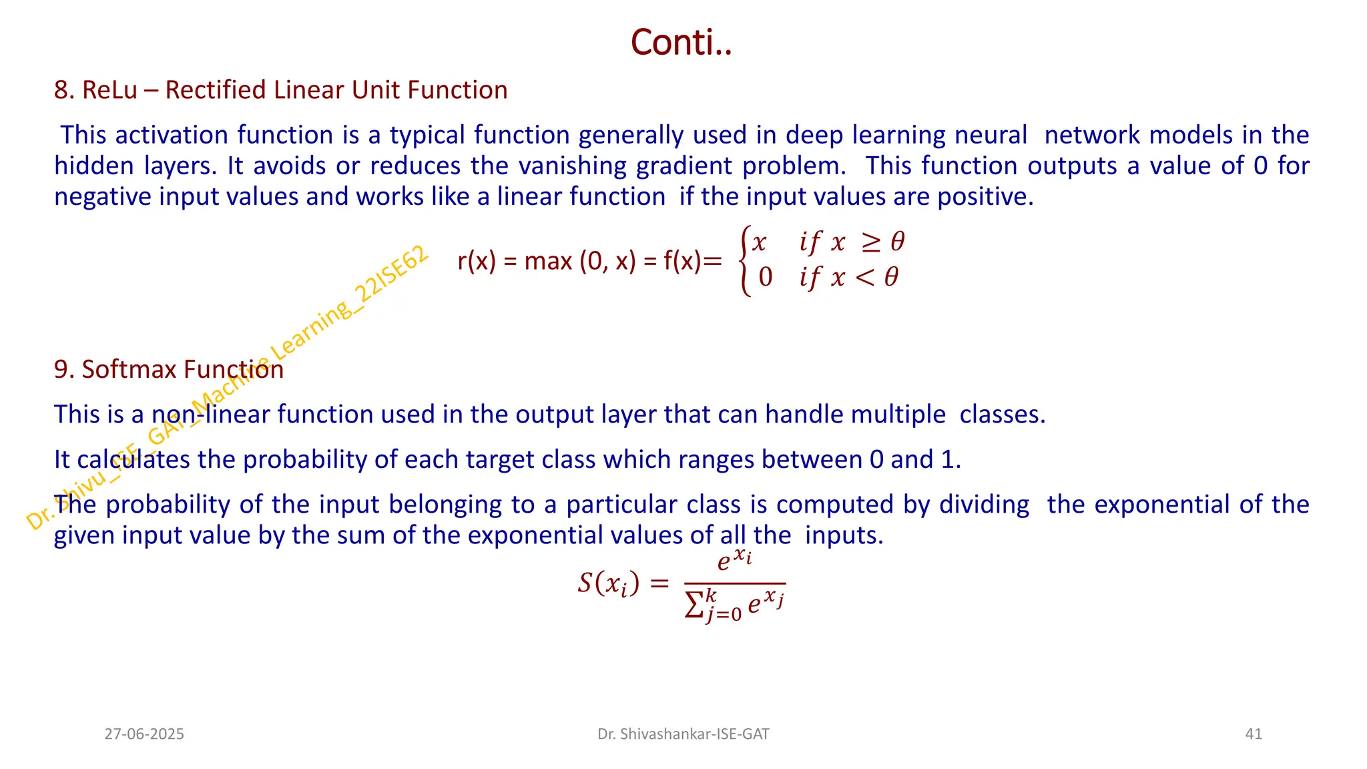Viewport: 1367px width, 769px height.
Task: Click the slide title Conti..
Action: pos(681,43)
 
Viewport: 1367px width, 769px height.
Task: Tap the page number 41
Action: pos(1254,734)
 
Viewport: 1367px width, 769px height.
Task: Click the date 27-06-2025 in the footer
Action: pos(144,734)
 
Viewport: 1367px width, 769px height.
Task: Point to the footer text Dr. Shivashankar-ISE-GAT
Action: pos(683,734)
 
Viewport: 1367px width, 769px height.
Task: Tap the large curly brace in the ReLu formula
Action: pos(745,261)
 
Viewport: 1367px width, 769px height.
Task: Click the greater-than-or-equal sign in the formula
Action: pos(870,242)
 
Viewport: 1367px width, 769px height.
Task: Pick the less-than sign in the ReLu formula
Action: pos(864,277)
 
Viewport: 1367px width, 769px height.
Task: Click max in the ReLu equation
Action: pos(548,261)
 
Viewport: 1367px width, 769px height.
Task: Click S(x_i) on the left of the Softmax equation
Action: pos(609,584)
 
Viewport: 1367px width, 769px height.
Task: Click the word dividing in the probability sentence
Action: pos(984,505)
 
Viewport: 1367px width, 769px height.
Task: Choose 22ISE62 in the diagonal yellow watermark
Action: pos(390,274)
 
